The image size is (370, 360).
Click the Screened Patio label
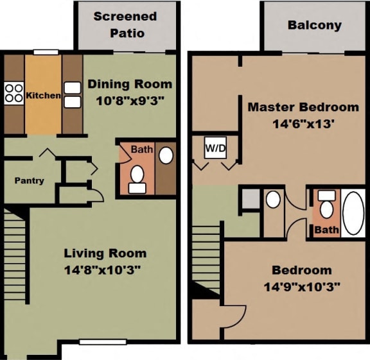pos(125,24)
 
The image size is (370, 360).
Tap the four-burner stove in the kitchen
pos(14,94)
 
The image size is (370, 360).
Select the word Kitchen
pos(43,96)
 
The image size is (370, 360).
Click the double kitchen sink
pos(73,94)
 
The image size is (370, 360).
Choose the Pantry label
pos(30,180)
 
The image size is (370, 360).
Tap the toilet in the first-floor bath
pos(137,177)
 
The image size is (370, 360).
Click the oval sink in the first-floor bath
pos(165,156)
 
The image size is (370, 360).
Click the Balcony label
pos(314,26)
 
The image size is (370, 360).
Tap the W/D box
pos(215,148)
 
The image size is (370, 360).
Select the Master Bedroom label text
pos(303,107)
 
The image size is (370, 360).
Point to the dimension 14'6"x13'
pos(303,123)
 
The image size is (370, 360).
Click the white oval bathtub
pos(353,212)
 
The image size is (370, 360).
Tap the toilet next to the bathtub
pos(326,206)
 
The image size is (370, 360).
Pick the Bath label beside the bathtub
pos(326,229)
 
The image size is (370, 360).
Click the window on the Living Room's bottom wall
pos(102,341)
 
